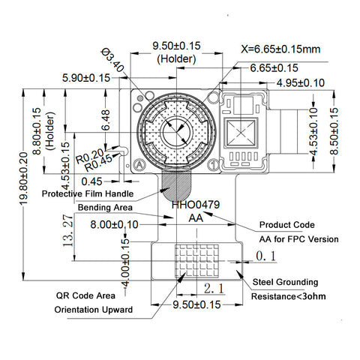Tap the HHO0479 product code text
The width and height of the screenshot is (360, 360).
pyautogui.click(x=195, y=203)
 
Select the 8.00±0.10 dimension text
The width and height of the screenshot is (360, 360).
pyautogui.click(x=114, y=224)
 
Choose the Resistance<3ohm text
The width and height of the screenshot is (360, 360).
pyautogui.click(x=288, y=297)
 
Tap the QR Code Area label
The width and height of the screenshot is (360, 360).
pyautogui.click(x=85, y=295)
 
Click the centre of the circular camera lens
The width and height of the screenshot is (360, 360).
pyautogui.click(x=177, y=132)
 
